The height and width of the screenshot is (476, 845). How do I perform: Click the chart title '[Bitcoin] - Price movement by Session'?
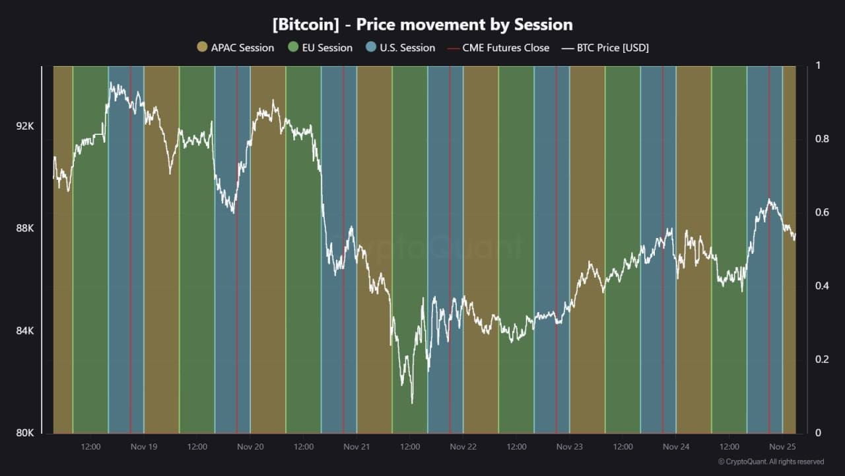(422, 25)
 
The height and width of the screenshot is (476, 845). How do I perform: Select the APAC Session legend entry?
(236, 48)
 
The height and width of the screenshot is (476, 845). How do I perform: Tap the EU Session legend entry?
(321, 48)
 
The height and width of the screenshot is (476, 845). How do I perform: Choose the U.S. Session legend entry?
(401, 48)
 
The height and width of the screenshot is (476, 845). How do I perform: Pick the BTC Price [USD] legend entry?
(605, 48)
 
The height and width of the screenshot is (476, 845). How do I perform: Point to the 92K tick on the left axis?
(25, 126)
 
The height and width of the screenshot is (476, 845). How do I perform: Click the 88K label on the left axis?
(25, 228)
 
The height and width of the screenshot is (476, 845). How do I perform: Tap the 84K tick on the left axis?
(25, 331)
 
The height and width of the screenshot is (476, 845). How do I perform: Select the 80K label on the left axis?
(25, 433)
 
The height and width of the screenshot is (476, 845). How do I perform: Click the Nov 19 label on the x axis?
(144, 447)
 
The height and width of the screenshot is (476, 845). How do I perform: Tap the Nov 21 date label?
(356, 447)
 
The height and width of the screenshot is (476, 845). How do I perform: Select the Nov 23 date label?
(569, 447)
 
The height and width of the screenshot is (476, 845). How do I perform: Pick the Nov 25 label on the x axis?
(782, 447)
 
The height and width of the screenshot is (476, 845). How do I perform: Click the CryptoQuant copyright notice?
(770, 462)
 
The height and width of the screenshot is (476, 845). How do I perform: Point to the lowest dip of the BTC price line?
(412, 402)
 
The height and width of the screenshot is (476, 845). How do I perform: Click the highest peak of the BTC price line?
(111, 83)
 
